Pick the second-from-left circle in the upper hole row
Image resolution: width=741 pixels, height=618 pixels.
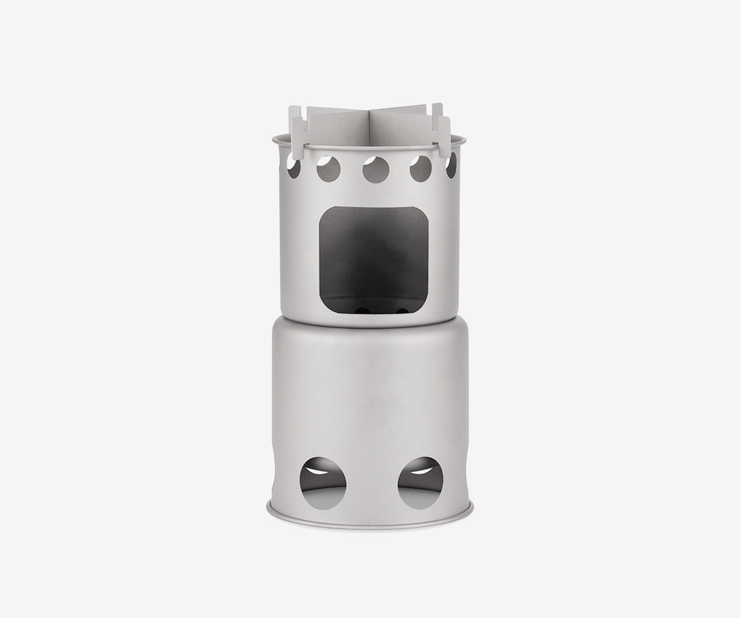(x=328, y=168)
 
